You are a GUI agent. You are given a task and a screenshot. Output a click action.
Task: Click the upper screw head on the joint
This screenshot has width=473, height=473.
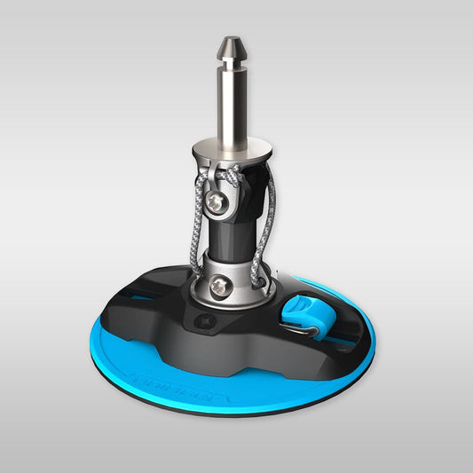pyautogui.click(x=217, y=203)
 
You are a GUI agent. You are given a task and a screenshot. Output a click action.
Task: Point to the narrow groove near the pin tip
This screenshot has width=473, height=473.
pyautogui.click(x=233, y=59)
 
